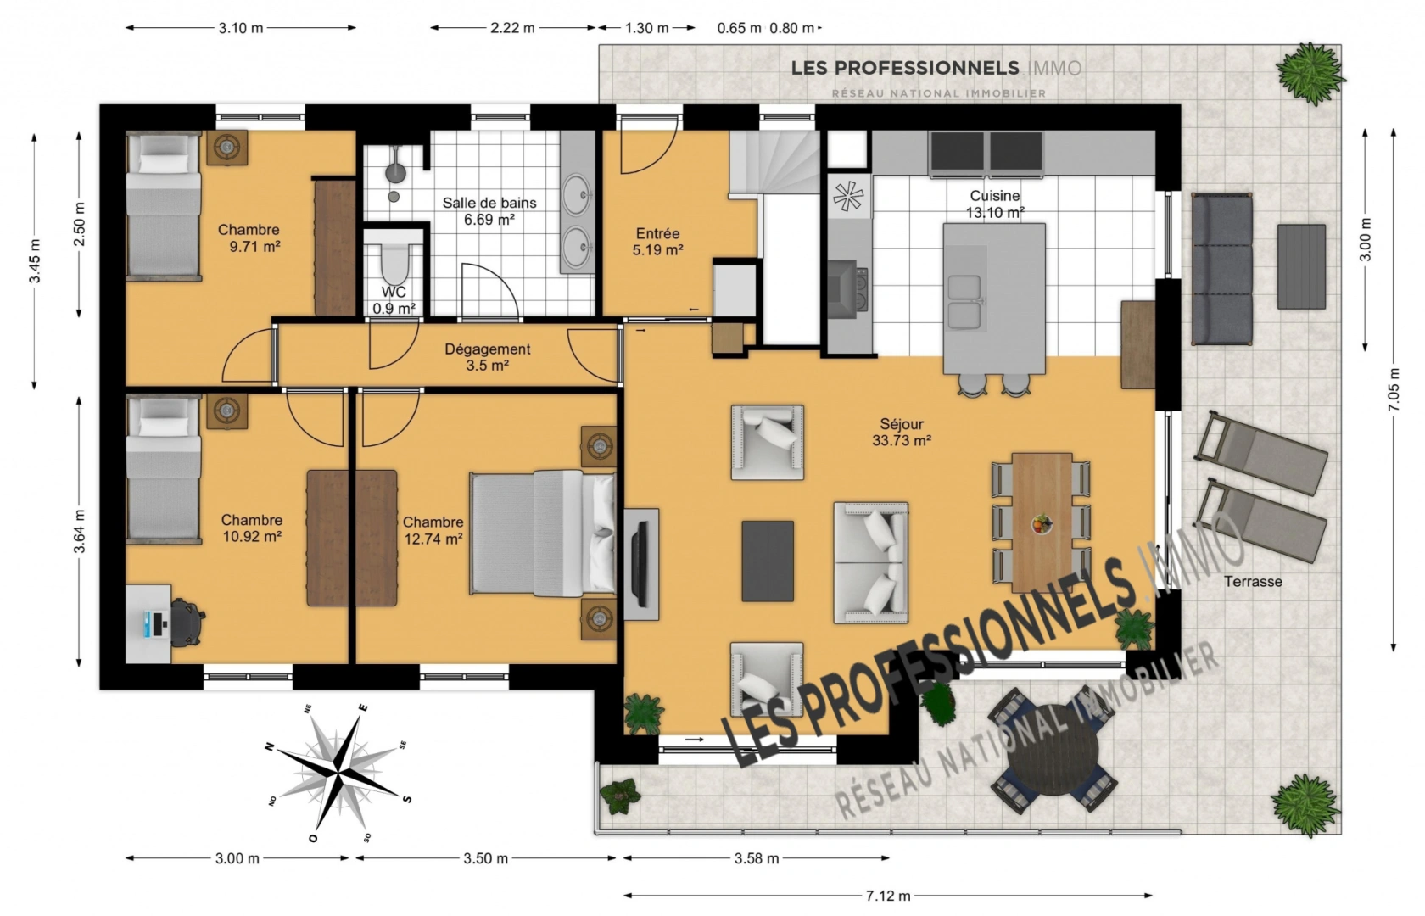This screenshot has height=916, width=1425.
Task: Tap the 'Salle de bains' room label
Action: [489, 203]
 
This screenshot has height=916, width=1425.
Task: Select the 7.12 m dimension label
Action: [888, 896]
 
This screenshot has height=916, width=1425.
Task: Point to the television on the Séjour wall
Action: [640, 563]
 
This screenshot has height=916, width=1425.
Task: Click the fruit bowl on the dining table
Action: [1042, 524]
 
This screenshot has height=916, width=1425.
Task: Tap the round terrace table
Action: [1053, 757]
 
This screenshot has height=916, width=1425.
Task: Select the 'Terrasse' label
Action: [1253, 582]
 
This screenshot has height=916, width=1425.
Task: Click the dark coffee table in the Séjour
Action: [767, 561]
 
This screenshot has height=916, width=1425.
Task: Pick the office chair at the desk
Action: [187, 623]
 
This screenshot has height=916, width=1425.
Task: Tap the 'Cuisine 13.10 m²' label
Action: [995, 204]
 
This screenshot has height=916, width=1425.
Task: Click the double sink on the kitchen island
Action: [964, 302]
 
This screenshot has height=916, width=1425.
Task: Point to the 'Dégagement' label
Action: [487, 349]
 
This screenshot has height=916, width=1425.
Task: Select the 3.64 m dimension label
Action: [80, 531]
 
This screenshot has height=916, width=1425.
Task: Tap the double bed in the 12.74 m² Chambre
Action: [543, 533]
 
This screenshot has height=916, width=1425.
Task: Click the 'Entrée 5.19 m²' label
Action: [658, 242]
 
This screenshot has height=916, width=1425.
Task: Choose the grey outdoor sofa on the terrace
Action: [1221, 269]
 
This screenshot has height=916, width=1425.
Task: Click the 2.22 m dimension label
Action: [512, 28]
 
